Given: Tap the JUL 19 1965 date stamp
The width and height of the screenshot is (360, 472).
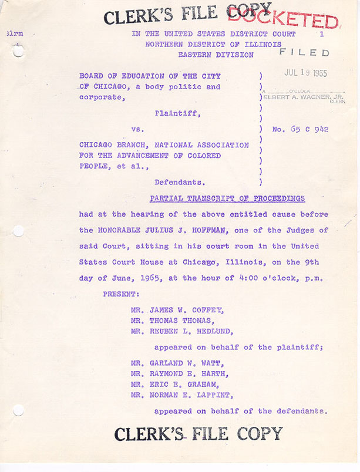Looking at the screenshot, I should coord(305,73).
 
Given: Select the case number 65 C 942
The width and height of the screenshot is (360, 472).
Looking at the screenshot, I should coord(300,129).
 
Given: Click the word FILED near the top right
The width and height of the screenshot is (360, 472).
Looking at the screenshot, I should coord(304,53).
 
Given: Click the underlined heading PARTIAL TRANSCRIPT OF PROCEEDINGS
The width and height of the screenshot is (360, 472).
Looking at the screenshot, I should coord(227,198).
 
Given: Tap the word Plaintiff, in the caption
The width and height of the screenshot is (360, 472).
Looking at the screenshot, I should coord(178,113).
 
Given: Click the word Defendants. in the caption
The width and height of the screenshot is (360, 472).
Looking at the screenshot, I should coord(180,182).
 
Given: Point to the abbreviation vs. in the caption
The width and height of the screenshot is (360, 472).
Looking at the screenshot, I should coord(138,129).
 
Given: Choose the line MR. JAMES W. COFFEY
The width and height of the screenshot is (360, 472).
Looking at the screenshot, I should coord(177,310).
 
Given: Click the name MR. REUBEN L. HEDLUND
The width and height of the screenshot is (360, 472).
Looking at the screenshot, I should coord(181,331).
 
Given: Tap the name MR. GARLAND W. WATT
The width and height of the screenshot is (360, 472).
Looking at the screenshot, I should coord(177,363).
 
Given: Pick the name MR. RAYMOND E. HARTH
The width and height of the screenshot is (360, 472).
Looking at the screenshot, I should coord(180,373).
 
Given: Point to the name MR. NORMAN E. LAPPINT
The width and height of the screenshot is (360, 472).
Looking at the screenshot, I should coord(181,395).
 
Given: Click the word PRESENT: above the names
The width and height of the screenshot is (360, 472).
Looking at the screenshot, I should coord(120,293).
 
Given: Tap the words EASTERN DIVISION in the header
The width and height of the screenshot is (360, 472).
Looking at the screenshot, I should coord(216,55).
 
